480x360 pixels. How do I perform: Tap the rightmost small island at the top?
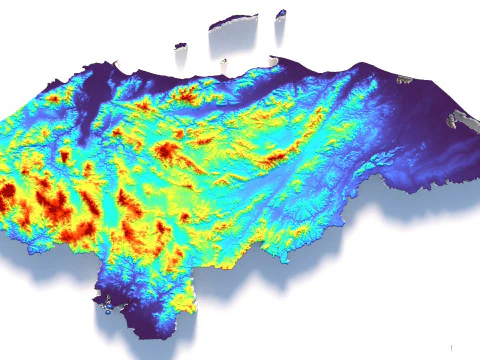pos(281,13)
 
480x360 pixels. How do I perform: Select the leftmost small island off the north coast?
pos(180,45)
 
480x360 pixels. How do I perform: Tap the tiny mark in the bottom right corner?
pos(452,347)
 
